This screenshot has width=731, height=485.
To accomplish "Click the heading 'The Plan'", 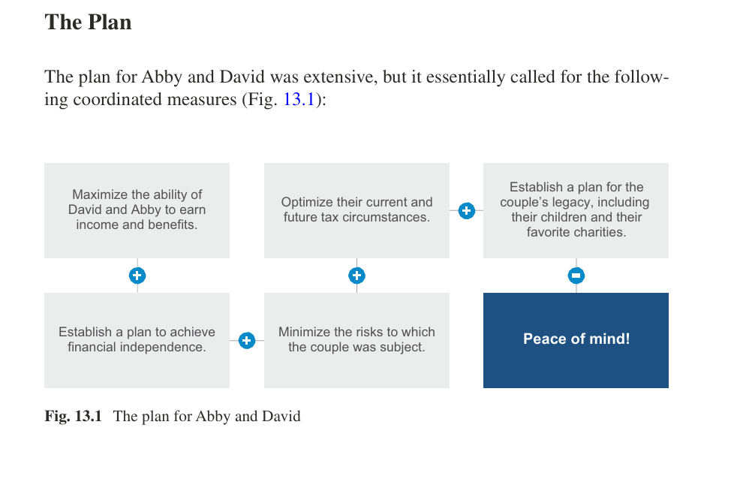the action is [88, 23].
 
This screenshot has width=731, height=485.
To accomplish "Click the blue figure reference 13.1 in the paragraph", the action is [299, 99].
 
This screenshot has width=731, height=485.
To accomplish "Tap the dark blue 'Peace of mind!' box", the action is [576, 340].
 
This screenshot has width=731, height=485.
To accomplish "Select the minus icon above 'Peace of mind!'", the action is [576, 276].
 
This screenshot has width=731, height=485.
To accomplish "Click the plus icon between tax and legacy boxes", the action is [466, 211].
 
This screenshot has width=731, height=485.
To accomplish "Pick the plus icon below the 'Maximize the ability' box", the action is [137, 276].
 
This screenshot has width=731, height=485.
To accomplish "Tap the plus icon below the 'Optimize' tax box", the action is [356, 276].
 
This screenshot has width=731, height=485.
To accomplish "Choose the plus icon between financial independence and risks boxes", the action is [247, 340].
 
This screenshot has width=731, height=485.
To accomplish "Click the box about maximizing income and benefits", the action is [137, 210].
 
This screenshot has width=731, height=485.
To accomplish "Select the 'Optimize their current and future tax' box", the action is [356, 210].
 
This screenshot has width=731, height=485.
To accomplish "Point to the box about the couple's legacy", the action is [576, 210].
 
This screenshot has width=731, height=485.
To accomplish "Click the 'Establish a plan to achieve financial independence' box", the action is [137, 340].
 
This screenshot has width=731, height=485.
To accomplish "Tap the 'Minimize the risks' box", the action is [356, 340].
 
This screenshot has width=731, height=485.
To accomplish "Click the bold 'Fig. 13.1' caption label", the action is [74, 416].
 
